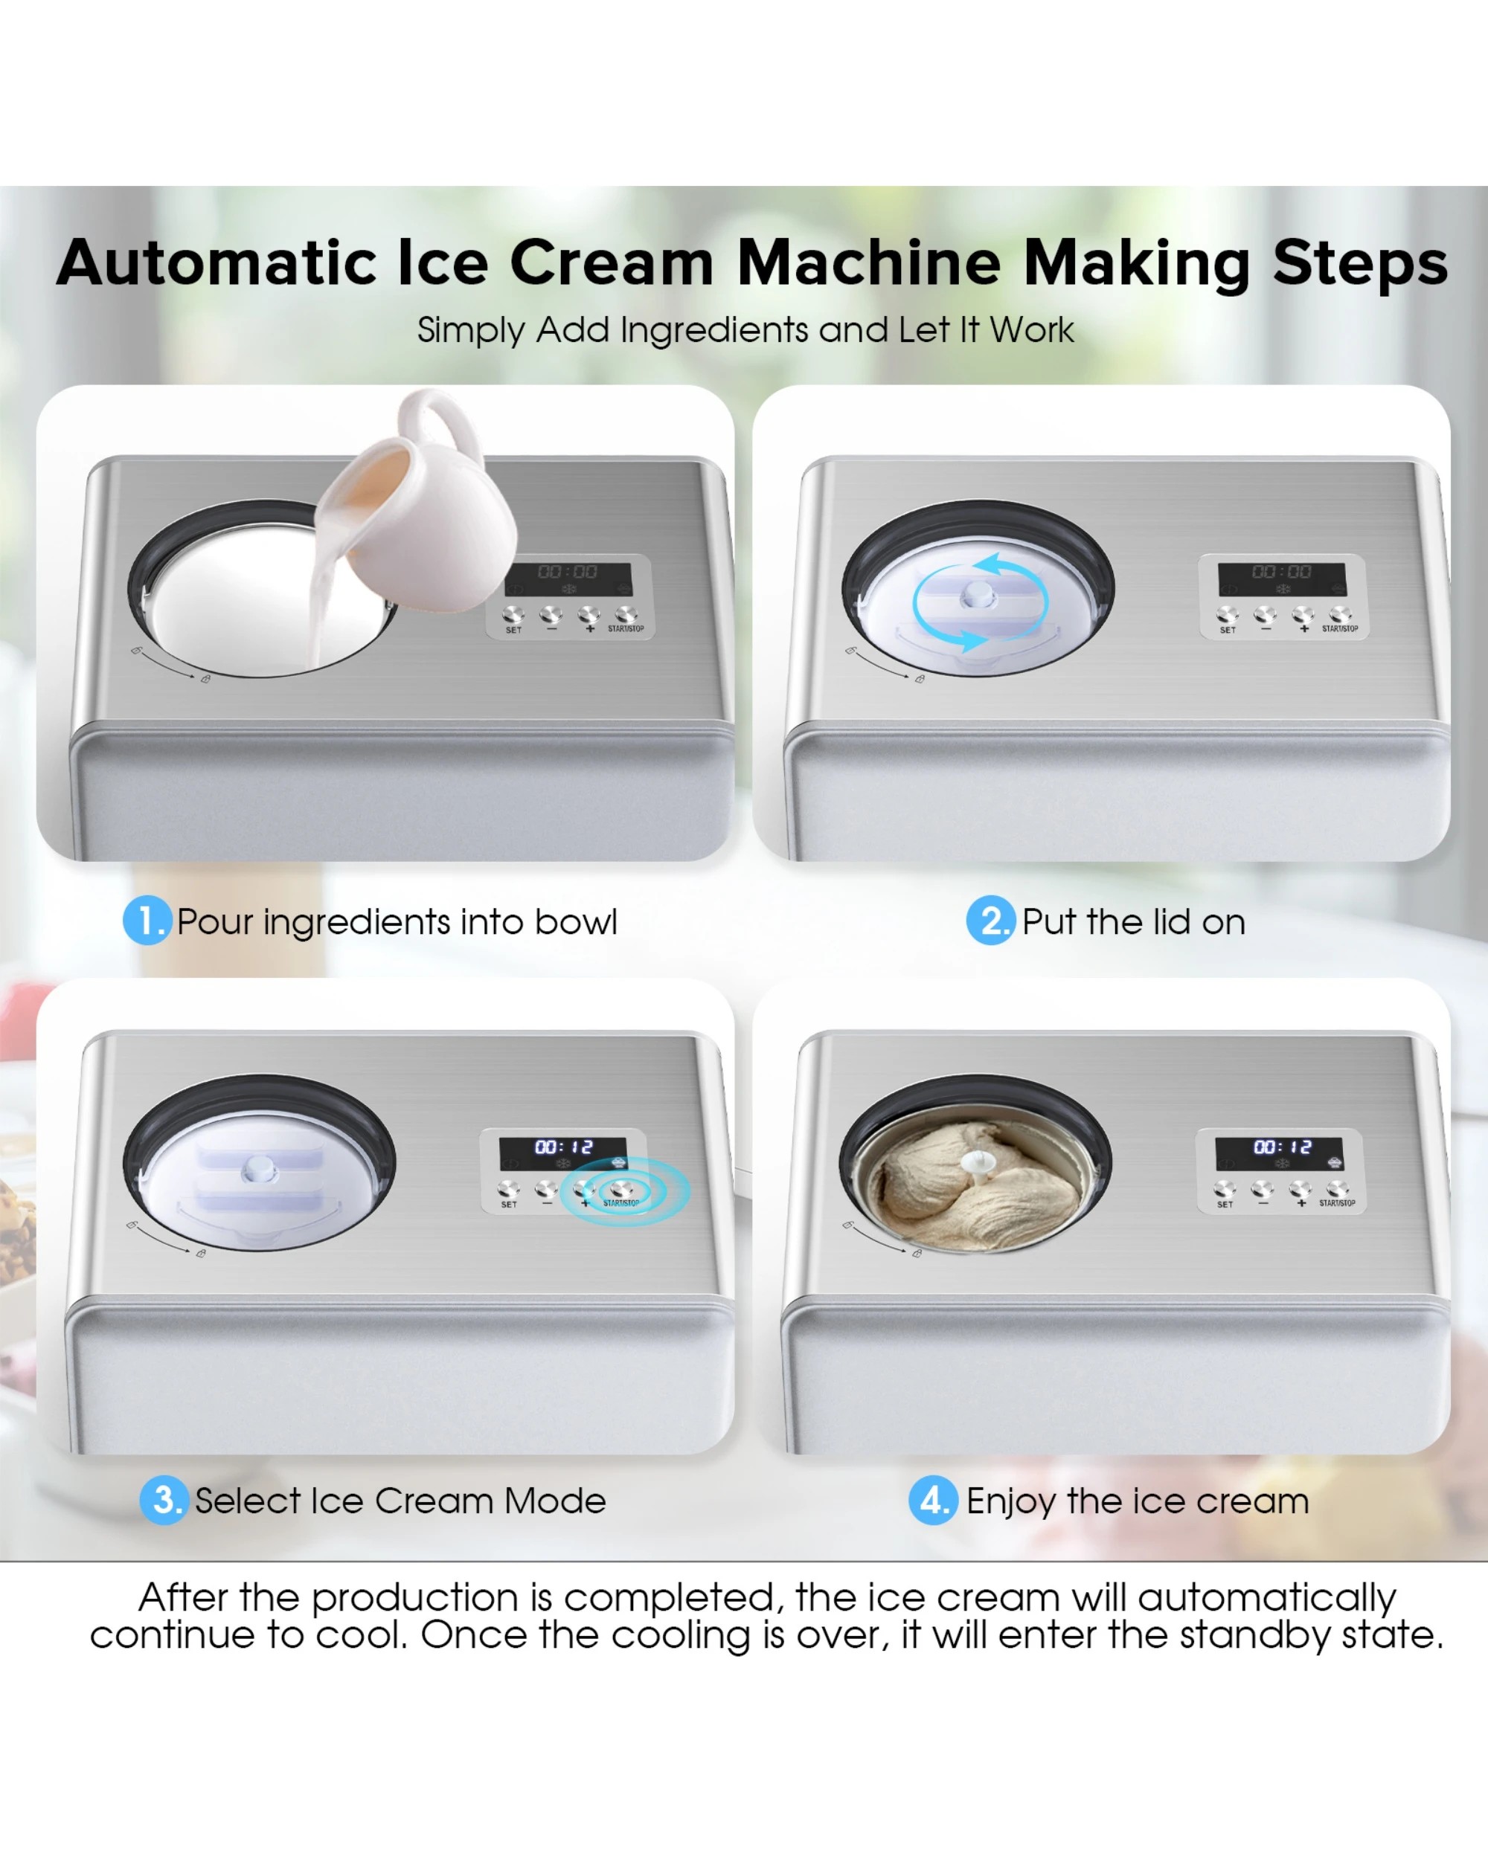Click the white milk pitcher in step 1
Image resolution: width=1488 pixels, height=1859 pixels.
click(x=423, y=509)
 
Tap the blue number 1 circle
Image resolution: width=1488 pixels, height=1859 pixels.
click(x=147, y=921)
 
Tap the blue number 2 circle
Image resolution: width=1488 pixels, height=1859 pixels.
click(x=990, y=921)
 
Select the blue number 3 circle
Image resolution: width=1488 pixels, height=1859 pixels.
click(x=164, y=1501)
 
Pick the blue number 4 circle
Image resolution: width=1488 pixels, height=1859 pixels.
click(x=932, y=1501)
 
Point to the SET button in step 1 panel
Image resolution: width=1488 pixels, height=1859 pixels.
click(x=513, y=615)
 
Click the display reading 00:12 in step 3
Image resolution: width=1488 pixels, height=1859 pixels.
click(x=563, y=1147)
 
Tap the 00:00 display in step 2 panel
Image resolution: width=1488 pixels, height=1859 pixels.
click(x=1281, y=573)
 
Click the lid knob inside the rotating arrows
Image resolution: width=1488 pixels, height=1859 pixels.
click(x=979, y=593)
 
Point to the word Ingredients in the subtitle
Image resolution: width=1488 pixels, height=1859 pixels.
click(x=713, y=330)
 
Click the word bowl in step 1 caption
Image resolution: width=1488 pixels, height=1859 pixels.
click(x=575, y=922)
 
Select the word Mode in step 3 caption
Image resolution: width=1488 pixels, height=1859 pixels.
click(x=555, y=1501)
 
